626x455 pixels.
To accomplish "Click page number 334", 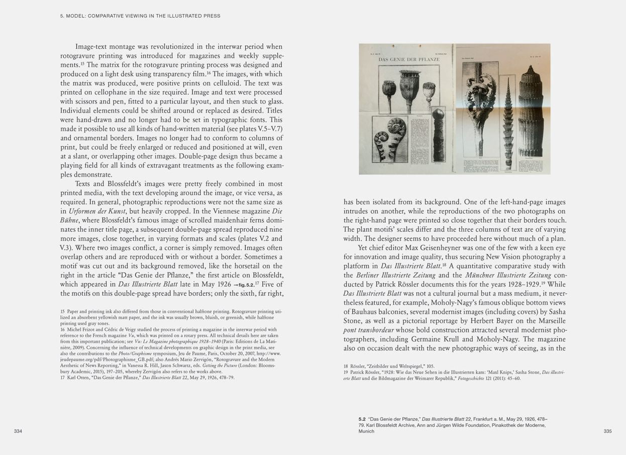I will coord(18,431).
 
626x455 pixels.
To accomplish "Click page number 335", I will coord(607,431).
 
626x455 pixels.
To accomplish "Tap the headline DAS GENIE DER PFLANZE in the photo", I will coord(408,59).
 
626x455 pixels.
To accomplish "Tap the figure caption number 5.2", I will coord(362,419).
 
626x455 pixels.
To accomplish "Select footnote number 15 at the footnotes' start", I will coord(63,312).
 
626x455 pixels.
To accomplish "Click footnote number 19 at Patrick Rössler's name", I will coord(346,372).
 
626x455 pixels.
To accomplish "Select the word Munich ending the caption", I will coord(366,431).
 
